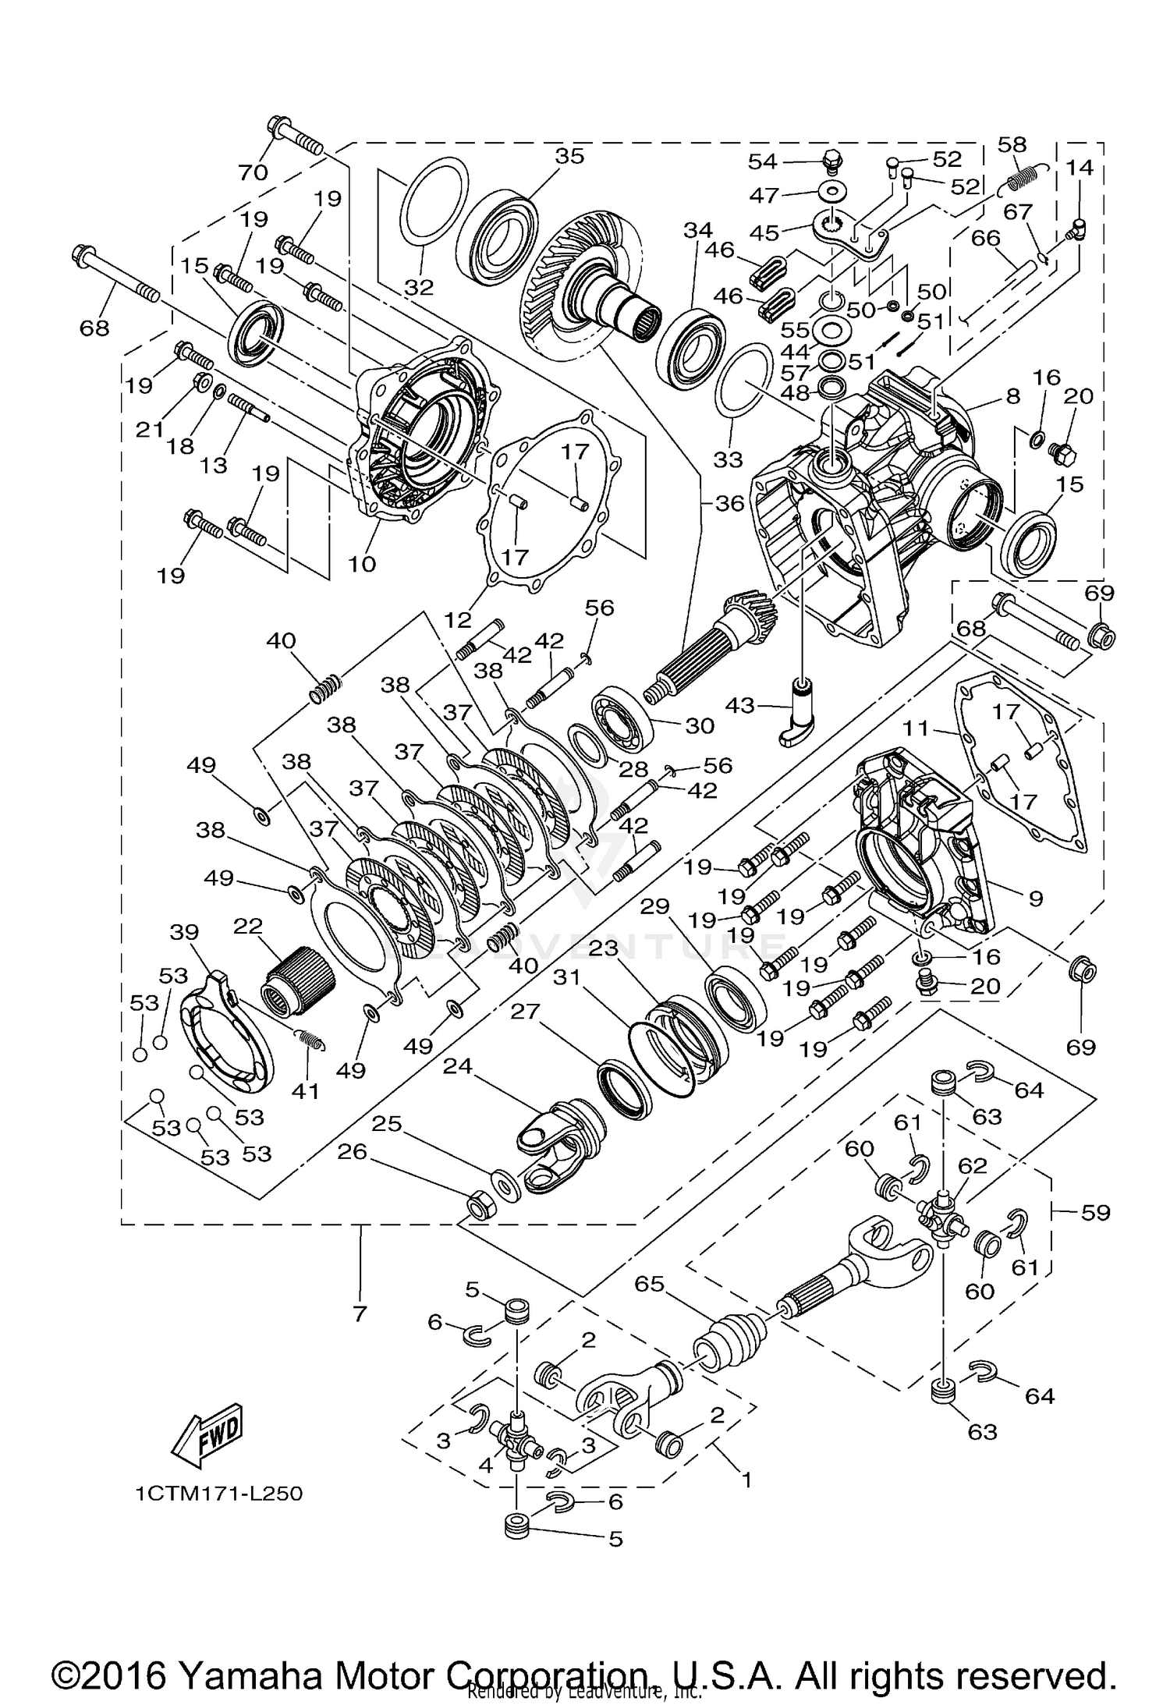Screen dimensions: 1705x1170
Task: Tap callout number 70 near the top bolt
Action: (x=253, y=172)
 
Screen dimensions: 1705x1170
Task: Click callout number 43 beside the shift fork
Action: (x=740, y=706)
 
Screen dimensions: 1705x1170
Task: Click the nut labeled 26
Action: (x=477, y=1208)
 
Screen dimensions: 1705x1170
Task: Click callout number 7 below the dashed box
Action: (x=360, y=1314)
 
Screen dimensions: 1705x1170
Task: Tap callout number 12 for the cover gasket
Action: (x=459, y=620)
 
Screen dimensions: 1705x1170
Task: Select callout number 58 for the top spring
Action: (x=1013, y=145)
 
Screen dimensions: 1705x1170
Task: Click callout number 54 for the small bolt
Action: (x=763, y=161)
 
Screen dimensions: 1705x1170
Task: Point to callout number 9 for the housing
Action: (x=1035, y=899)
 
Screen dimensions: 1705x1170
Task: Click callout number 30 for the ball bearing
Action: (x=699, y=725)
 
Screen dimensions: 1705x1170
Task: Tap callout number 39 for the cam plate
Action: (x=184, y=932)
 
